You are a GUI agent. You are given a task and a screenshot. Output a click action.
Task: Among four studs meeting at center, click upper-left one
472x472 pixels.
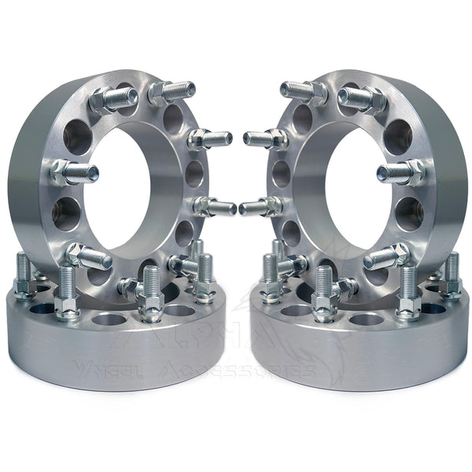pos(211,140)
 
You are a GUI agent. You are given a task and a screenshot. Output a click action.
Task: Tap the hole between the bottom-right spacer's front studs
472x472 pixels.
pos(363,319)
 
